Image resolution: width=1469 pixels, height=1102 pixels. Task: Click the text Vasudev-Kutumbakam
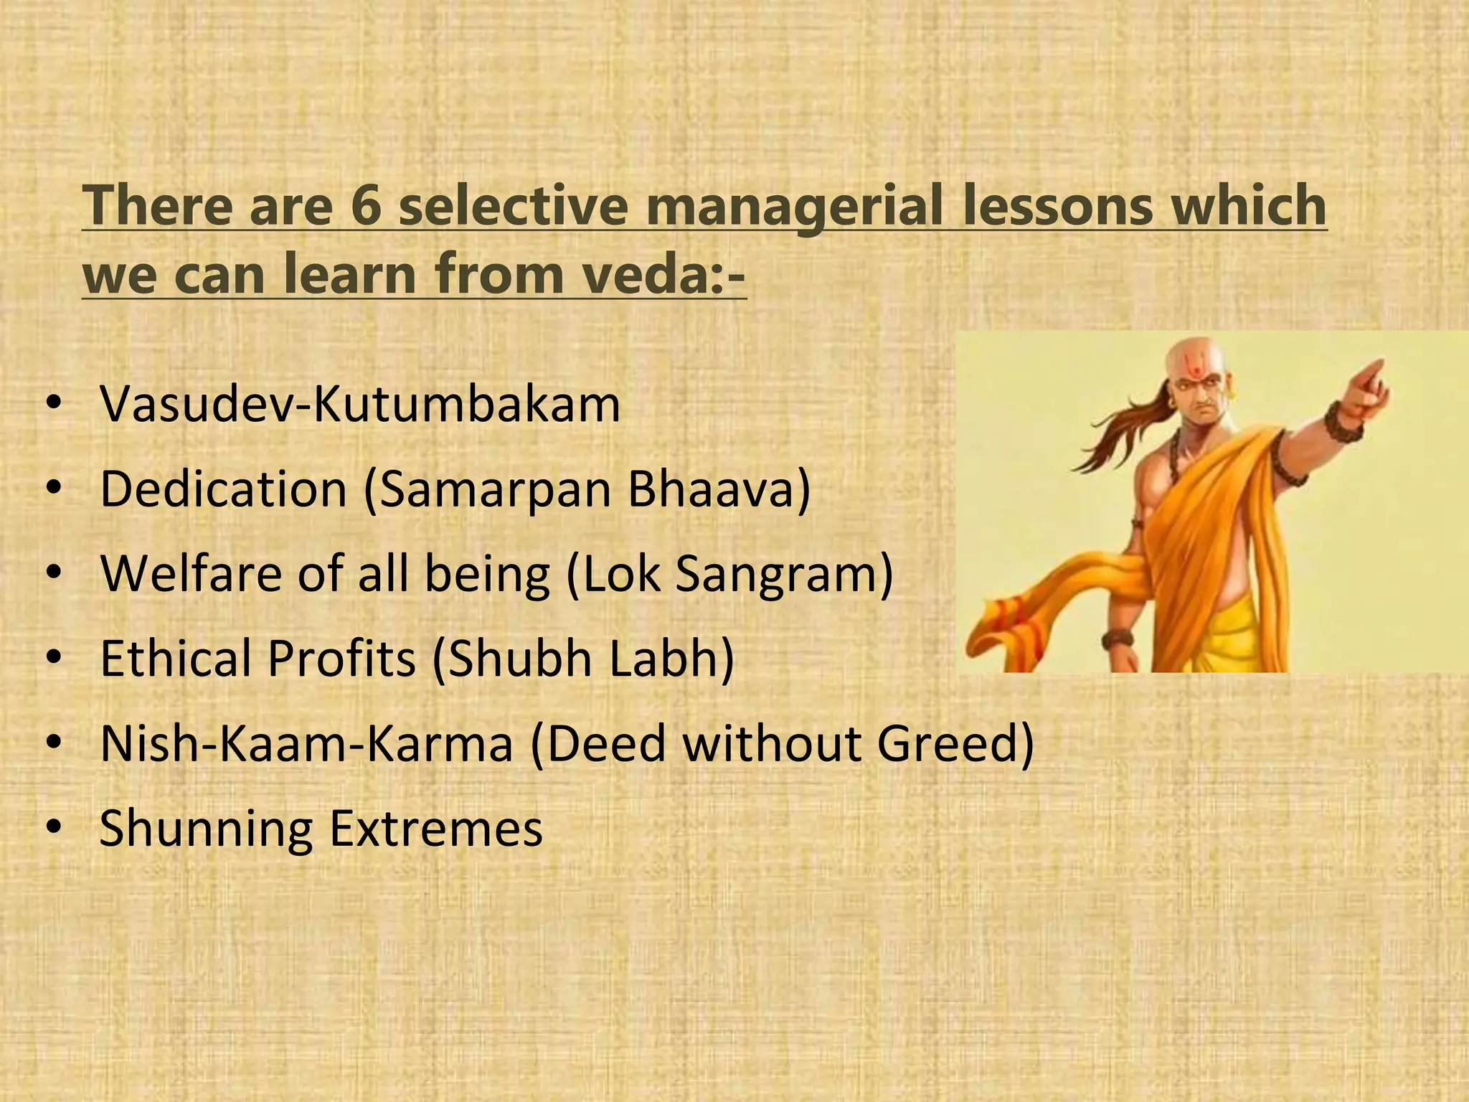pyautogui.click(x=359, y=405)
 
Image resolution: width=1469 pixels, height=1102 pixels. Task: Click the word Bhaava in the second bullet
pyautogui.click(x=718, y=490)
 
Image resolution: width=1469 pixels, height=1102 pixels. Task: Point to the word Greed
pyautogui.click(x=954, y=744)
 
